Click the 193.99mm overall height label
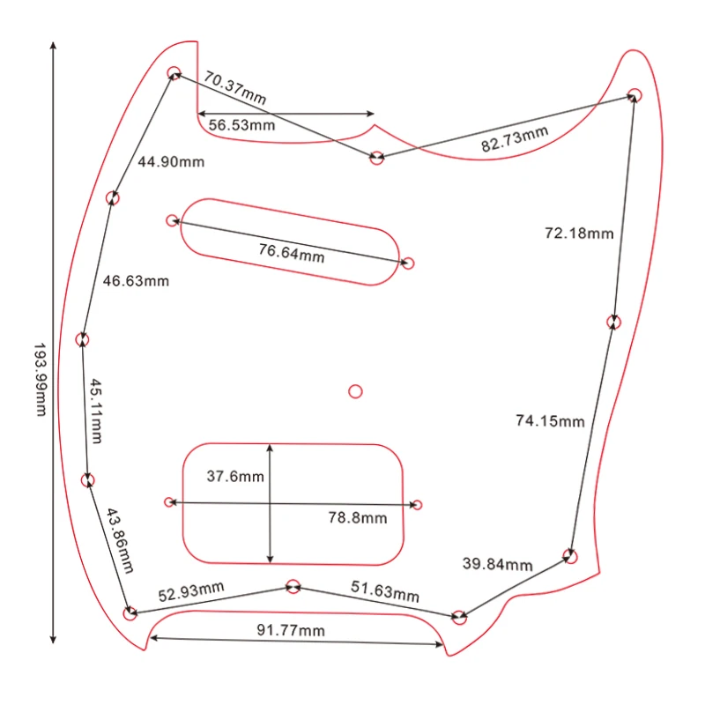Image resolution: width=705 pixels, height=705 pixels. pyautogui.click(x=41, y=380)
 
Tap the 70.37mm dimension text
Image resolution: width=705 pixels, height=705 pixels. pyautogui.click(x=234, y=87)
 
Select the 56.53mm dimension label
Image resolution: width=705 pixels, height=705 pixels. pyautogui.click(x=241, y=125)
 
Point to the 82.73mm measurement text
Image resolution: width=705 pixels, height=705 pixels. pyautogui.click(x=515, y=139)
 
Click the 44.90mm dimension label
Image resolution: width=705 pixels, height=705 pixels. pyautogui.click(x=171, y=161)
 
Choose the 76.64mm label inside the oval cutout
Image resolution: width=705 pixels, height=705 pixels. pyautogui.click(x=292, y=253)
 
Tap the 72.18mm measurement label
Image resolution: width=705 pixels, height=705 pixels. pyautogui.click(x=579, y=233)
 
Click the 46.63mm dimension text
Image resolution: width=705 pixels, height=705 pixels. pyautogui.click(x=136, y=281)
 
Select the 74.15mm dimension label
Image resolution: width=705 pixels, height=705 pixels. pyautogui.click(x=550, y=421)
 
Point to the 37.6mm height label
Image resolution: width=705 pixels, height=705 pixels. pyautogui.click(x=235, y=476)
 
